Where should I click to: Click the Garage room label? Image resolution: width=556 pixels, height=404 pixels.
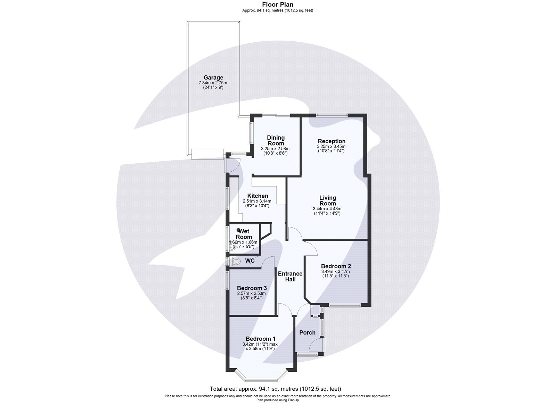point(213,77)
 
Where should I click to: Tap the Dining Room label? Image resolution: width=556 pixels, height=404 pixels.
point(276,140)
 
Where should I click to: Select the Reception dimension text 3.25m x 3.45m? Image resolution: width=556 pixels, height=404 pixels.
point(331,147)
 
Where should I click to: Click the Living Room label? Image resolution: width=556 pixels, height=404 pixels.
point(327,200)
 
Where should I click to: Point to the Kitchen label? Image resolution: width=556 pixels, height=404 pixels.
point(257,196)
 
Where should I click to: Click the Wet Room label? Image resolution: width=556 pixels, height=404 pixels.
point(244,234)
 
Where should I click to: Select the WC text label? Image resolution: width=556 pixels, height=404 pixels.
point(250,261)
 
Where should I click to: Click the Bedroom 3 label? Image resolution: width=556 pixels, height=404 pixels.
point(252,288)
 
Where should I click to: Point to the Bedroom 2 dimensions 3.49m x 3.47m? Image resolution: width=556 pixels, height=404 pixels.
point(335,271)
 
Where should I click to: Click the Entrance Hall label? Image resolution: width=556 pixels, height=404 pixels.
point(290,276)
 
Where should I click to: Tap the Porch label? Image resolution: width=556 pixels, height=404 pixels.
point(307,332)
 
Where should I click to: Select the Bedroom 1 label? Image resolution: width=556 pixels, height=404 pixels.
point(260,339)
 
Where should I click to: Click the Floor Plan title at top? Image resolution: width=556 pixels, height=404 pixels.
point(278,5)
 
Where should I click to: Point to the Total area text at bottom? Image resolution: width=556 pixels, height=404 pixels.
point(278,389)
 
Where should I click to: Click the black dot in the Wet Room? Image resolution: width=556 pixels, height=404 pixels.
point(238,230)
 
